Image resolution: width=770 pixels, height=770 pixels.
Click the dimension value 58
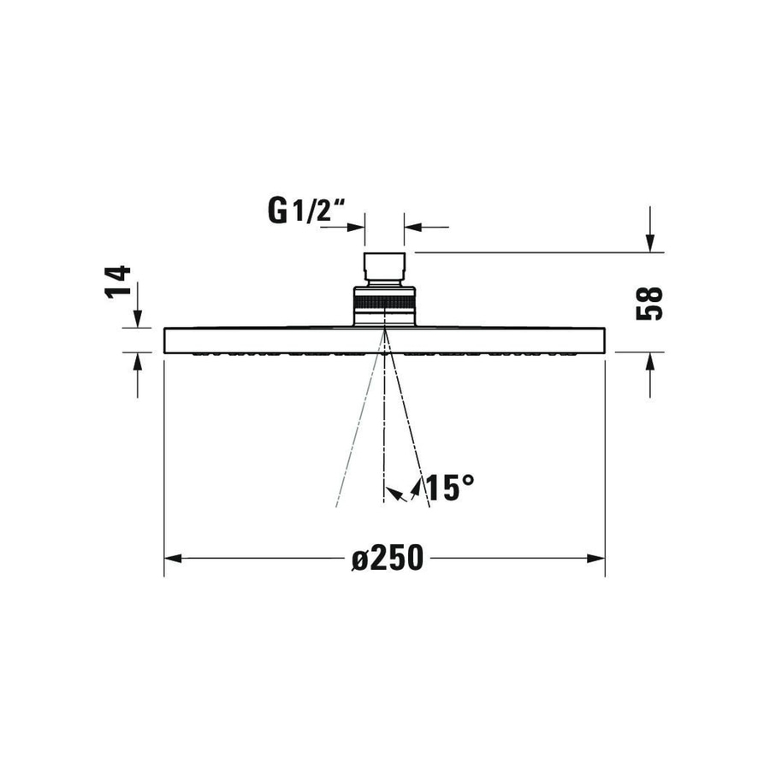[x=650, y=302]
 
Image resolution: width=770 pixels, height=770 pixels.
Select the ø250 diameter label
[x=388, y=559]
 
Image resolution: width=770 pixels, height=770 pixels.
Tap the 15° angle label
[x=448, y=488]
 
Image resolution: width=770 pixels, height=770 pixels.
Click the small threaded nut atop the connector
[x=384, y=267]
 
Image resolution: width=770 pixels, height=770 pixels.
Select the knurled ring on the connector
[x=384, y=302]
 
